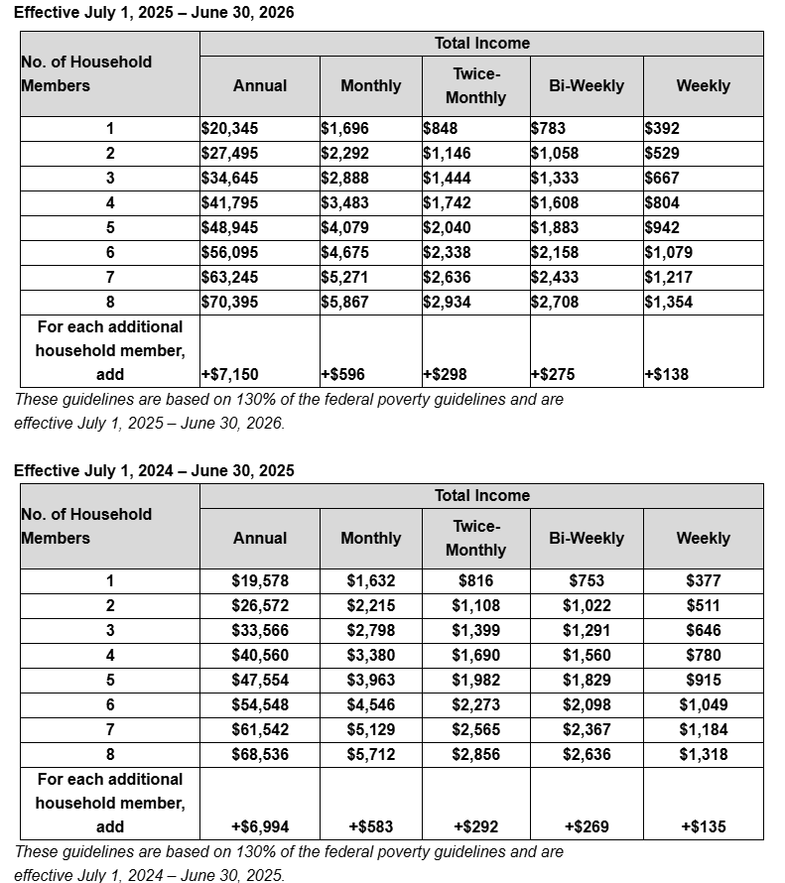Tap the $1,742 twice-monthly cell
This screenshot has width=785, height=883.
447,203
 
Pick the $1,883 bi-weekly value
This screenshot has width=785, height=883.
555,228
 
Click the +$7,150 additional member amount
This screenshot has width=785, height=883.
231,375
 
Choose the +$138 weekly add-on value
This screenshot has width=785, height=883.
667,375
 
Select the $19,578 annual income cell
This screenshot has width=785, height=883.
260,581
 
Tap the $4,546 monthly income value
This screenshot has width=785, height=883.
371,705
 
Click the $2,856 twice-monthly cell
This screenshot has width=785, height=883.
476,755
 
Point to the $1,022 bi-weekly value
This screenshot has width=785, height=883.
587,606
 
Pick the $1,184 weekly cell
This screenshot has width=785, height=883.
704,730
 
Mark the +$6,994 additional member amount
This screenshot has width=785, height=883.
260,827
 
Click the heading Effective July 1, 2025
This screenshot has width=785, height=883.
154,13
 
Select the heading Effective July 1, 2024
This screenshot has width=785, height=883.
154,470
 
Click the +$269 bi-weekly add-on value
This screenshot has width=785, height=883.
587,827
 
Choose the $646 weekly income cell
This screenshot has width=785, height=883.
704,631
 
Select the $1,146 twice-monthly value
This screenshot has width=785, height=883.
447,154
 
